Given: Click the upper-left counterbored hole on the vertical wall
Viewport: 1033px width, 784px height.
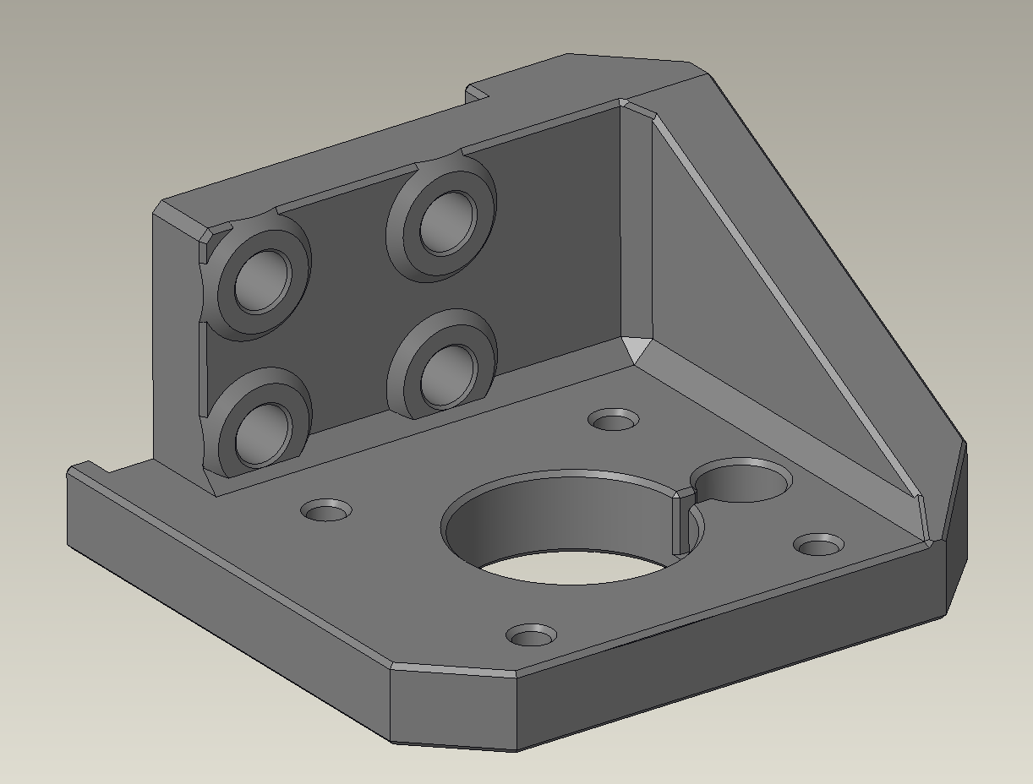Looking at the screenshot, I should [262, 280].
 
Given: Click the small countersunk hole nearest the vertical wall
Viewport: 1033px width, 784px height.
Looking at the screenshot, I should [614, 419].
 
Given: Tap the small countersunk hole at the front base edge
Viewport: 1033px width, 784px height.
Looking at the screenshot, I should [532, 635].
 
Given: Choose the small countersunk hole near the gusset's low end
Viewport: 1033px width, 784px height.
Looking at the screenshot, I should [817, 544].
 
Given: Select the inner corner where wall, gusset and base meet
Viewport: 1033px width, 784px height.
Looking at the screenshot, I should [637, 348].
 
